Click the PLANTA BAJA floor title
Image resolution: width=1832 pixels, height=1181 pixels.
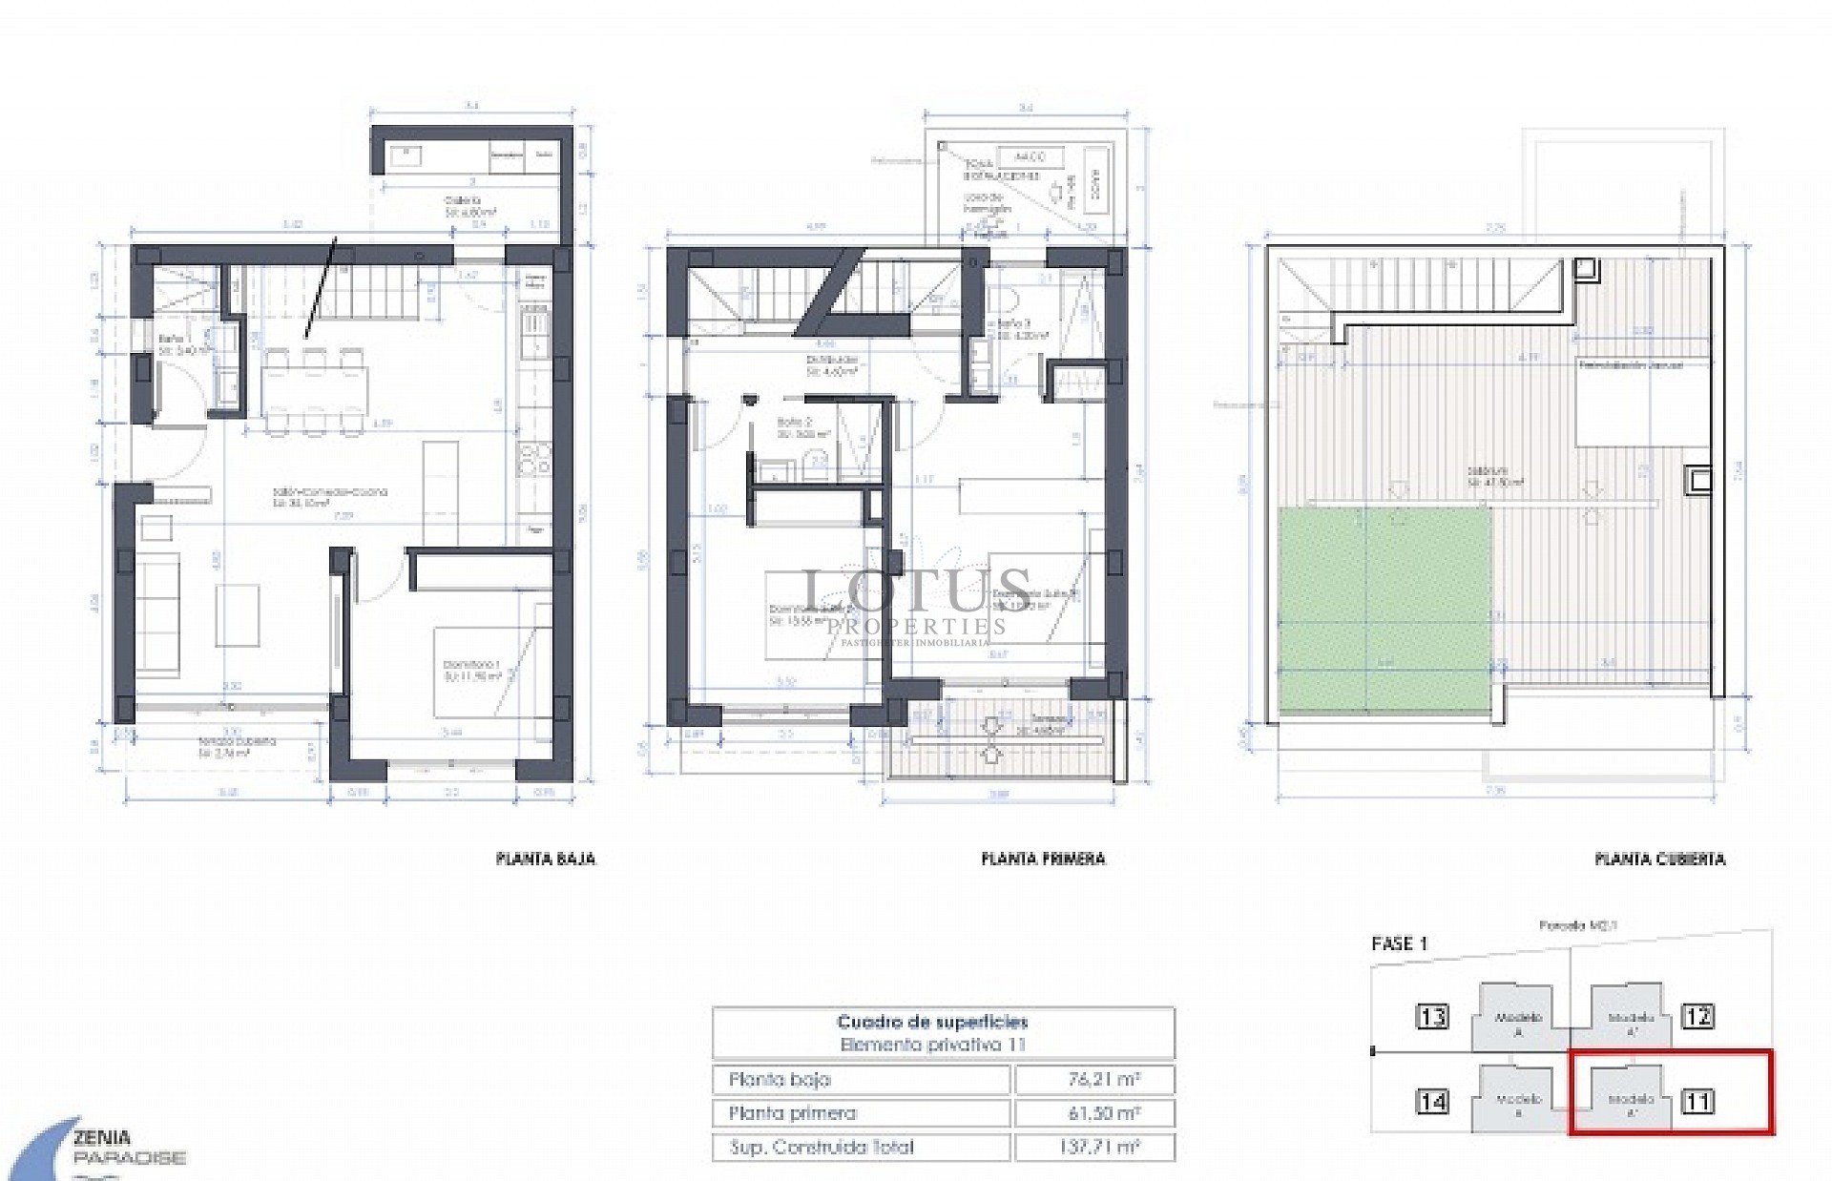click(546, 859)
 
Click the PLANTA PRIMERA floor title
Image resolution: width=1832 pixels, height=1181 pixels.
click(1043, 859)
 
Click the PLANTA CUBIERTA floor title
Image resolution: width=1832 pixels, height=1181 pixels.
click(1659, 859)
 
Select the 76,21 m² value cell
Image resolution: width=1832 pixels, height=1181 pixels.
click(1094, 1080)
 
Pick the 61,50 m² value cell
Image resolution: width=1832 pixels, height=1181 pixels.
click(1094, 1113)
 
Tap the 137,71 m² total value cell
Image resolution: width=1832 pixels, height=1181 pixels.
click(1094, 1147)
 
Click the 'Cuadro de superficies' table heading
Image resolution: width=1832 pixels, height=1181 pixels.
click(932, 1023)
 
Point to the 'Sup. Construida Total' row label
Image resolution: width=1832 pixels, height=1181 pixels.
click(822, 1147)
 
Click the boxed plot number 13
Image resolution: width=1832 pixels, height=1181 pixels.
click(1433, 1017)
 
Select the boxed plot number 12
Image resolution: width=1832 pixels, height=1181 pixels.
click(1698, 1017)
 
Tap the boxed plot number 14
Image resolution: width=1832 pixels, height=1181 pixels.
click(1433, 1103)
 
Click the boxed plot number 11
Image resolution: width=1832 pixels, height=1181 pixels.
click(1698, 1103)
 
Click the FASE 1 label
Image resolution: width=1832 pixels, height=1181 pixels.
click(1399, 943)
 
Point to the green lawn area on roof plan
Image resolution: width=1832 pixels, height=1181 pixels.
click(1384, 611)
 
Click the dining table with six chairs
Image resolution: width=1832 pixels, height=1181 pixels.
click(314, 391)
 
